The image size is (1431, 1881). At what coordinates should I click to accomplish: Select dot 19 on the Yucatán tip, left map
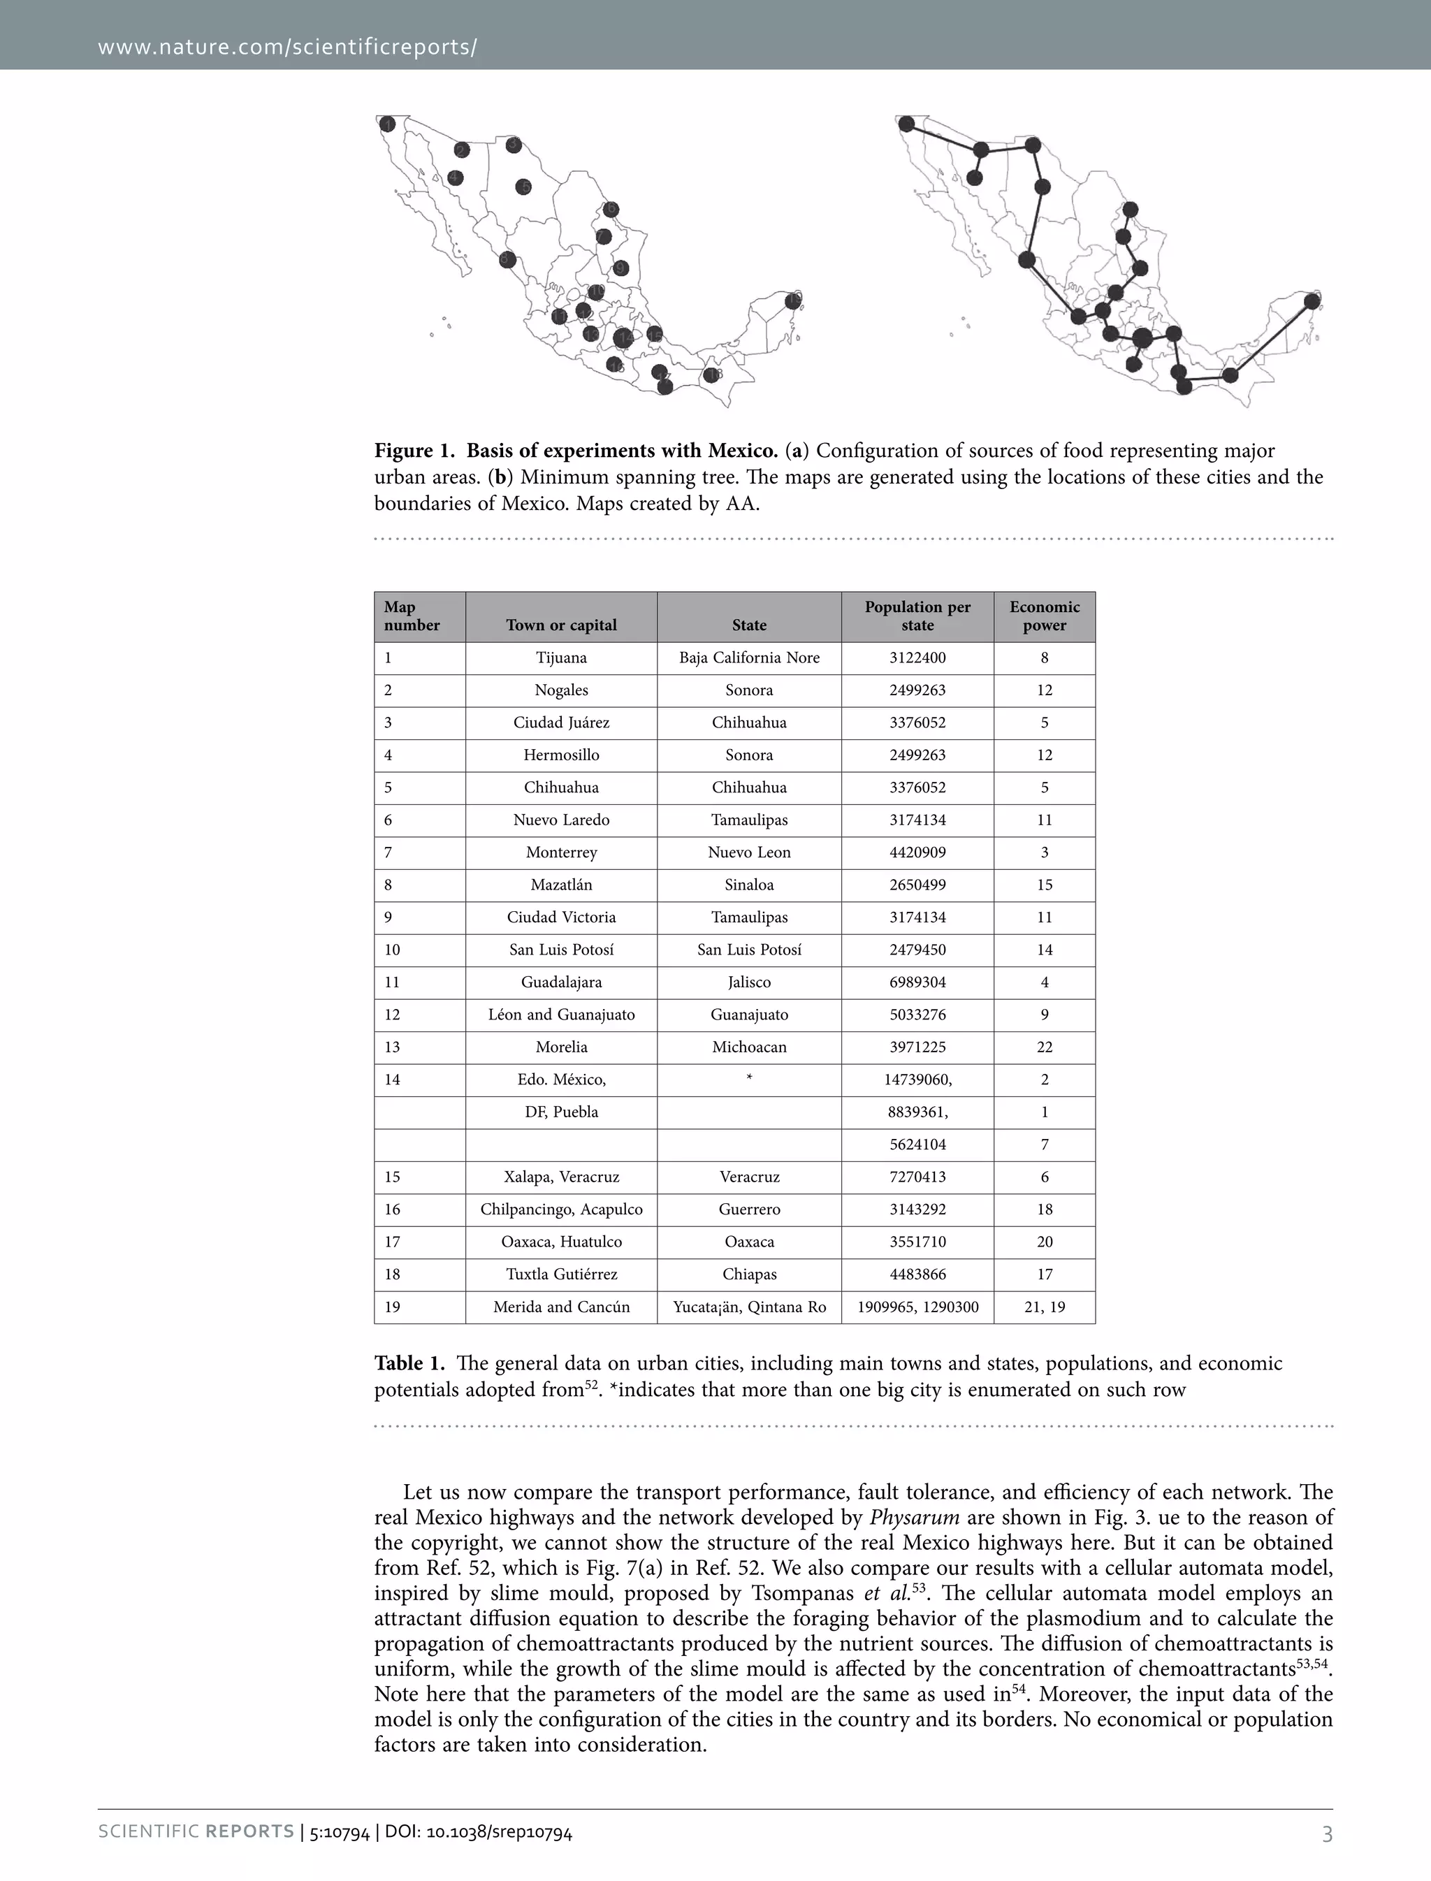[794, 300]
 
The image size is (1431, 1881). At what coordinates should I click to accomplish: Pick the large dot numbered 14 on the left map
[623, 338]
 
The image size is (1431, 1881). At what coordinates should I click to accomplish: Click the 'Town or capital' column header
[561, 625]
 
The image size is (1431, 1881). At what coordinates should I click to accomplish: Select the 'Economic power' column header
[1045, 616]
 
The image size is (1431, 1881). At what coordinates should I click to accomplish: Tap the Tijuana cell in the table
[561, 658]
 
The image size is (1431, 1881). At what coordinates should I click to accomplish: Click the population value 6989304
[917, 982]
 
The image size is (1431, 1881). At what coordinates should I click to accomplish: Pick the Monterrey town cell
[561, 852]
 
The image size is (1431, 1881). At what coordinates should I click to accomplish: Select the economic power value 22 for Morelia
[1045, 1047]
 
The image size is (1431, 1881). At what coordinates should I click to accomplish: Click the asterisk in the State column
[749, 1079]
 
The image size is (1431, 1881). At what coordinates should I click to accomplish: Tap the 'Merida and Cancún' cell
[561, 1307]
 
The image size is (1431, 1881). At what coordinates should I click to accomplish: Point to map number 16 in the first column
[392, 1210]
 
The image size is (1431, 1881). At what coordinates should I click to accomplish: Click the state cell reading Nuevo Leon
[749, 852]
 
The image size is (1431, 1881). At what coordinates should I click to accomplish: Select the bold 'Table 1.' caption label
[409, 1363]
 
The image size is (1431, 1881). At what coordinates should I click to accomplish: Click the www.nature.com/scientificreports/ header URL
[287, 46]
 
